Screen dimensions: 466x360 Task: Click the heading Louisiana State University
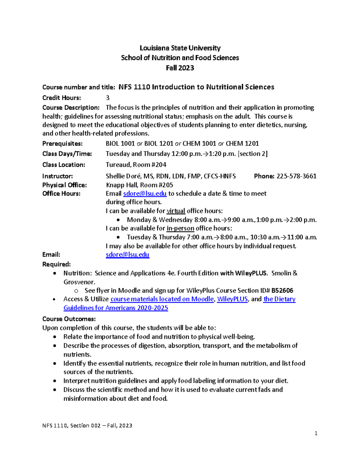(180, 48)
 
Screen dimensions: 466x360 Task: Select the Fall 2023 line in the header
(180, 68)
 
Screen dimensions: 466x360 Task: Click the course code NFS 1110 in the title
(134, 87)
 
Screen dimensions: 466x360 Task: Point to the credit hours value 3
(108, 98)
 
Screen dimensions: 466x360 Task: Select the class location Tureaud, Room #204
(136, 165)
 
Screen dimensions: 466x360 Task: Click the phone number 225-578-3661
(296, 176)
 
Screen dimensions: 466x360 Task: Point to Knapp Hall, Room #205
(139, 185)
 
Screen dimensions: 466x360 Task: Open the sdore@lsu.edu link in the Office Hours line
(145, 194)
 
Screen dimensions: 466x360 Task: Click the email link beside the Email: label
(127, 254)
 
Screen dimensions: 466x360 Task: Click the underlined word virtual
(176, 211)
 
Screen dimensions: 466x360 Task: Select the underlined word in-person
(180, 228)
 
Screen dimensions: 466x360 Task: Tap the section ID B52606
(282, 290)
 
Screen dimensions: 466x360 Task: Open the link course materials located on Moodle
(162, 299)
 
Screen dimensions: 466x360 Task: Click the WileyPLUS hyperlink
(232, 299)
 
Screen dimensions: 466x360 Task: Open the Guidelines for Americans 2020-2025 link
(116, 308)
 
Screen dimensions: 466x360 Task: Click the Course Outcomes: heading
(69, 319)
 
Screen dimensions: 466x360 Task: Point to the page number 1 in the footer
(316, 433)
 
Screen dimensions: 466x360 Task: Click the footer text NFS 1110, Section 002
(71, 425)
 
